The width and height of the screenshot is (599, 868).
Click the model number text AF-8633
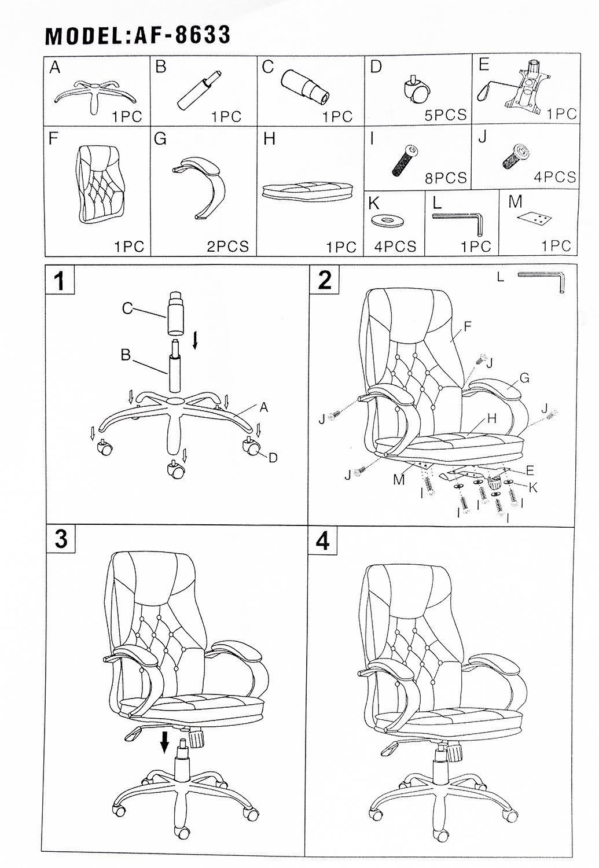[182, 35]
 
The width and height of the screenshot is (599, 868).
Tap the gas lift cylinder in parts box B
[199, 90]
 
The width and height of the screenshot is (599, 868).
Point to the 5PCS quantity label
[446, 115]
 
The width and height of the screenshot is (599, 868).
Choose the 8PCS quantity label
[446, 178]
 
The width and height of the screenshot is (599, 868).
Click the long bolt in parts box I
[405, 160]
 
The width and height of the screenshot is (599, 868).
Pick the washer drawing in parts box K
[387, 221]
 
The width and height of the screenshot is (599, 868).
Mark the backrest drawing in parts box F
[101, 185]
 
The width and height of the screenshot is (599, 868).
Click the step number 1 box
[60, 280]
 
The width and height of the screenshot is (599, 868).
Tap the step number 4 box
[322, 541]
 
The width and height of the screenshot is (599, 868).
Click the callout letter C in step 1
[127, 308]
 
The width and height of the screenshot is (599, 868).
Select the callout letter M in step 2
[399, 479]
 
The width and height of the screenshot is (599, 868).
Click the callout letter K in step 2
[533, 488]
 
